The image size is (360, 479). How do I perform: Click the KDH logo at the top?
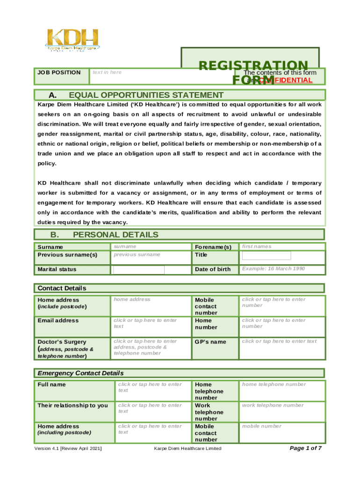72,40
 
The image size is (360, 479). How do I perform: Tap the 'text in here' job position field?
107,72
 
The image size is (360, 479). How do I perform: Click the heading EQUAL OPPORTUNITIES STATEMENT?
146,95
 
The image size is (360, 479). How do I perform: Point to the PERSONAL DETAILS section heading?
115,235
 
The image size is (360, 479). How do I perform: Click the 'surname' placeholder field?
125,246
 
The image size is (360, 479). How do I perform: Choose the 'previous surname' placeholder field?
137,254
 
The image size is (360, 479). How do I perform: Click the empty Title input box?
266,255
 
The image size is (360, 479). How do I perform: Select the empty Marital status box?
138,269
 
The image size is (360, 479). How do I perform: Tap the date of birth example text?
273,269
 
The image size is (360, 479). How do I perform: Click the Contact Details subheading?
62,288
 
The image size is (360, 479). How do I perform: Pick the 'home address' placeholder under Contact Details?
132,299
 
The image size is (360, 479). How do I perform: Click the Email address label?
58,321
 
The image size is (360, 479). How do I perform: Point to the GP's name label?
210,342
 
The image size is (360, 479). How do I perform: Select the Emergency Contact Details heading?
80,373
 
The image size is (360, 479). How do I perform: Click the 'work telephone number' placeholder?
273,405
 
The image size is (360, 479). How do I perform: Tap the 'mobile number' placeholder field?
262,426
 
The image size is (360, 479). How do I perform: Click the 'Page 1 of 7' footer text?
306,449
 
